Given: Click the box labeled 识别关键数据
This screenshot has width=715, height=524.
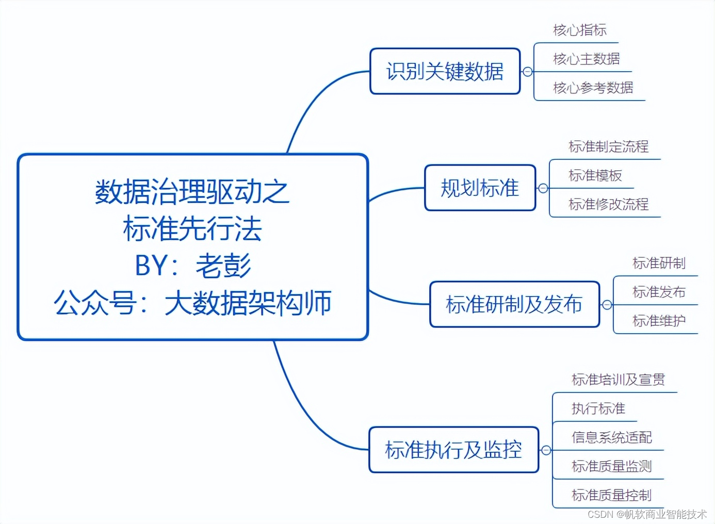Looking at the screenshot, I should coord(445,71).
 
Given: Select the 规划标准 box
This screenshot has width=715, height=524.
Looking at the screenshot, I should coord(480,188).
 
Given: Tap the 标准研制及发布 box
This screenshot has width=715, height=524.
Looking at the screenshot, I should coord(514,304).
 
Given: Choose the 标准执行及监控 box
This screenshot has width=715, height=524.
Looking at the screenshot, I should coord(453,450).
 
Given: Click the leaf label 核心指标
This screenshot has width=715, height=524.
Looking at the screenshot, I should coord(580,30).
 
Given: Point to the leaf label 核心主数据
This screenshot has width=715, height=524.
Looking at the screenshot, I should coord(587,59).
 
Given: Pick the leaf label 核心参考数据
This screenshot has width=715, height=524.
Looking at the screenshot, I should coord(593,88).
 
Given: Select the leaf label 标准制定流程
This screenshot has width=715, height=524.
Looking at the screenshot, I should coord(609,146).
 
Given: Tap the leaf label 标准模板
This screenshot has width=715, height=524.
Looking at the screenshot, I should coord(595,175).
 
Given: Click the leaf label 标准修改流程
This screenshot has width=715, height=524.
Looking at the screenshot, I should coord(609,204).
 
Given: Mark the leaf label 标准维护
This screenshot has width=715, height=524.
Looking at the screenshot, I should coord(659,321).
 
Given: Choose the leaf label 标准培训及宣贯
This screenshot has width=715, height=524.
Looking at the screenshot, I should coord(619,380).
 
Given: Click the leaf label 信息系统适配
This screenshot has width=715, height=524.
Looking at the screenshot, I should coord(612,437).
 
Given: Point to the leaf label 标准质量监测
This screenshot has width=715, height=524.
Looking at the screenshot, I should coord(612,466).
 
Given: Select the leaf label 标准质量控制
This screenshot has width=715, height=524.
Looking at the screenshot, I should coord(612,495).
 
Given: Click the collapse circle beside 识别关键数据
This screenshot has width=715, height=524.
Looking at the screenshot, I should coord(528,72).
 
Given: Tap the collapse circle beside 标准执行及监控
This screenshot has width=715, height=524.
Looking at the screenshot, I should coord(546,450).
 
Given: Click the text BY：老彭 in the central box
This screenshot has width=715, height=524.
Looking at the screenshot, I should coord(193,266).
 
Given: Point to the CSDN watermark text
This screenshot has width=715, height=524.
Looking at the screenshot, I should coord(647,514).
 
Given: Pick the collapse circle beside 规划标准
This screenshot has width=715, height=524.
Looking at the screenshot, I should coord(543,188).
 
